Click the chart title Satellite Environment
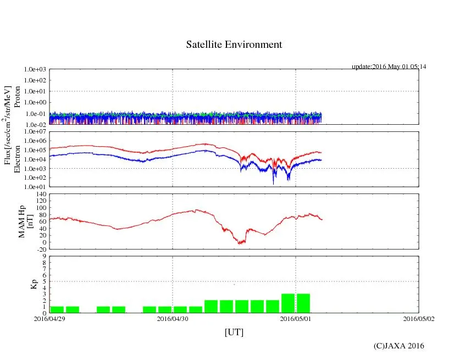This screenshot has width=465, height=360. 234,45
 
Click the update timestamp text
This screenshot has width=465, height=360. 389,67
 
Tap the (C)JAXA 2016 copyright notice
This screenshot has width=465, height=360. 398,346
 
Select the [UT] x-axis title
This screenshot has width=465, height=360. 234,332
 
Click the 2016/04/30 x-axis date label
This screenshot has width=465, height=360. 173,318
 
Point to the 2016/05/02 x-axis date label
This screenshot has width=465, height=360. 419,318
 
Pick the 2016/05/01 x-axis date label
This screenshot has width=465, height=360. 296,318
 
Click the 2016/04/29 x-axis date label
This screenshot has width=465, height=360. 49,318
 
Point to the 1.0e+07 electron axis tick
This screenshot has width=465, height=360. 35,131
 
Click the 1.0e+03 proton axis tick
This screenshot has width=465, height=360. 35,70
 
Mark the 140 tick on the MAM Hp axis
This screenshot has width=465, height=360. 40,194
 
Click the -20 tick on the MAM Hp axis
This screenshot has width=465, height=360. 41,249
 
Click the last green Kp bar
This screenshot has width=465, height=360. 303,303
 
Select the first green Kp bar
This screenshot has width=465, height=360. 57,309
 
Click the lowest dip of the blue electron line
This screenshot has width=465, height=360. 274,183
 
